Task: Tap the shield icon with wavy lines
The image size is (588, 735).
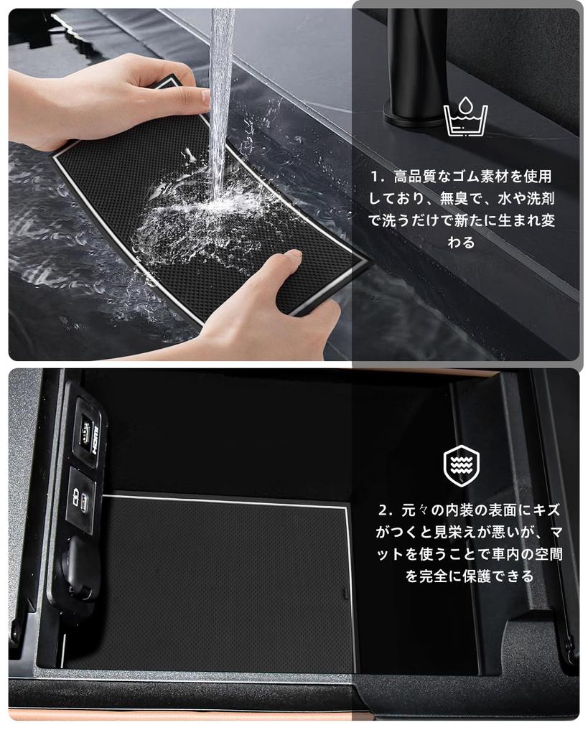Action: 461,466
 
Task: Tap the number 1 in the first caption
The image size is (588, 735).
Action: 375,177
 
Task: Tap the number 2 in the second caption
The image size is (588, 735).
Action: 385,510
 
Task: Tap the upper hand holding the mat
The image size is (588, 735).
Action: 108,93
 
